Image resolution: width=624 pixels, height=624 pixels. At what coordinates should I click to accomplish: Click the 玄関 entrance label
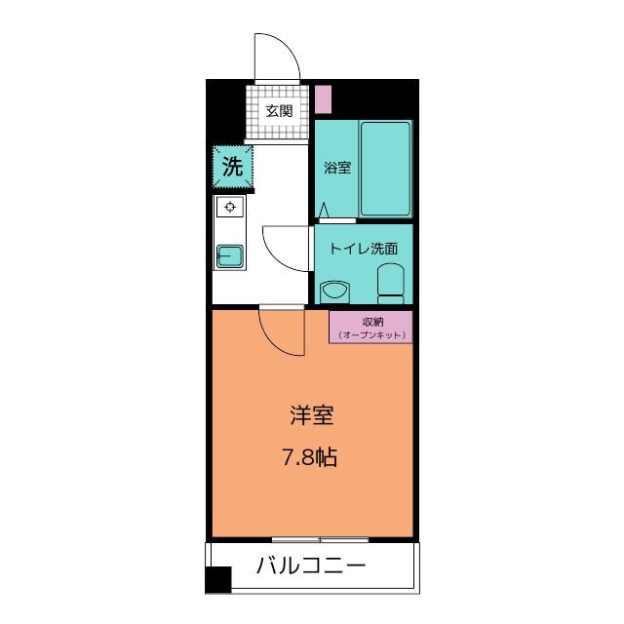coord(279,111)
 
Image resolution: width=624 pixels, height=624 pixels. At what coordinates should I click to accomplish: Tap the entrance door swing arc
coord(274,57)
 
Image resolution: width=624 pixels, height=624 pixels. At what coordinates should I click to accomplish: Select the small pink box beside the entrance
coord(324,99)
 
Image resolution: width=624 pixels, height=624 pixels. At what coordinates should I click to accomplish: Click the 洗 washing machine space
coord(232,166)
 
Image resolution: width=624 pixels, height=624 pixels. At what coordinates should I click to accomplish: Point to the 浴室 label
coord(337,167)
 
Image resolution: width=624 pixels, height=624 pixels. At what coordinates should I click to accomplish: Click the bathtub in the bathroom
coord(385,169)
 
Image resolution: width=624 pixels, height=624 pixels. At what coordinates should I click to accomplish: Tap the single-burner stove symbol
coord(231,207)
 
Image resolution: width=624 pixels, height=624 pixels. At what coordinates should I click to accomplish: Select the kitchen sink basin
coord(231,255)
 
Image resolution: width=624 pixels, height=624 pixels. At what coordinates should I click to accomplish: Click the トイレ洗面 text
coord(363,249)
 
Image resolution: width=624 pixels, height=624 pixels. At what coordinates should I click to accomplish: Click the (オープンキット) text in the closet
coord(371,335)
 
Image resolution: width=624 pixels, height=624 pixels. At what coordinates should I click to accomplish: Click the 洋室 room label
coord(312,416)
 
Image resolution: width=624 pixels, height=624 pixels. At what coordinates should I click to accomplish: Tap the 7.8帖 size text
coord(312,456)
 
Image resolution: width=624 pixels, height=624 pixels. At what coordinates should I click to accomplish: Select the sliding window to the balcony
coord(320,539)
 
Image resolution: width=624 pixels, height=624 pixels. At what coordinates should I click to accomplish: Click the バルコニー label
coord(312,565)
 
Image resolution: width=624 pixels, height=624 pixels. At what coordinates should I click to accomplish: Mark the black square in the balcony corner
coord(218,580)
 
